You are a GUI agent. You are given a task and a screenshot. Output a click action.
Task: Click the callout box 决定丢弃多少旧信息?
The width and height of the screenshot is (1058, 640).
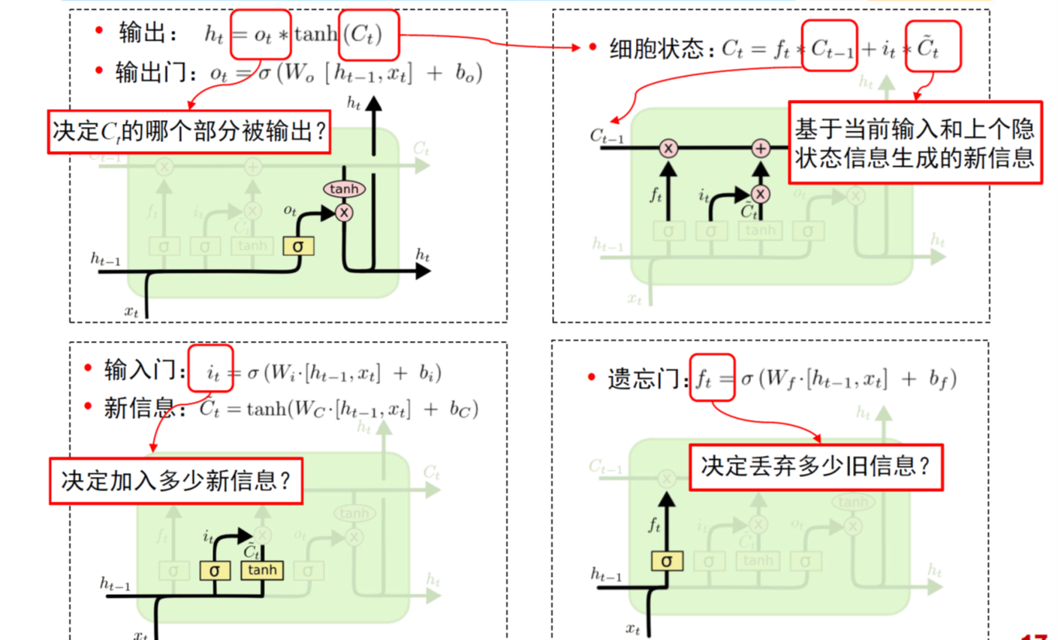(x=815, y=467)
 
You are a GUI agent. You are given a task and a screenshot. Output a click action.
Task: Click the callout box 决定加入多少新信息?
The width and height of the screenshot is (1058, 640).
(x=176, y=481)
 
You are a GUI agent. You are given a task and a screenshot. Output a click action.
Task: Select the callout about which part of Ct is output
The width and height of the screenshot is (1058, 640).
(x=189, y=132)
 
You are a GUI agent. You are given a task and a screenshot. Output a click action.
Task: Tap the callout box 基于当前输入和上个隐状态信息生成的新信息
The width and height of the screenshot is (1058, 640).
(x=915, y=143)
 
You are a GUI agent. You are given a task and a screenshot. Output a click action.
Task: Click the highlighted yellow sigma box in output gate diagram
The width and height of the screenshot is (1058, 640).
(x=298, y=246)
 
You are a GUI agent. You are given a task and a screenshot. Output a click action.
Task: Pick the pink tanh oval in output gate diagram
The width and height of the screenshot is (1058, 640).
(x=345, y=189)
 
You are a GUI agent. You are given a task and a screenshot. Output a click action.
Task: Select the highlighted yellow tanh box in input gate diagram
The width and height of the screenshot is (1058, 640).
(x=262, y=570)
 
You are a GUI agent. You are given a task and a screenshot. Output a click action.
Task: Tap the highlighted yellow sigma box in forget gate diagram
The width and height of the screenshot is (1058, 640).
(x=666, y=560)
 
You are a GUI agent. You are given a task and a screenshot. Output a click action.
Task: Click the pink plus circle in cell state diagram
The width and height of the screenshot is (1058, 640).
(x=761, y=149)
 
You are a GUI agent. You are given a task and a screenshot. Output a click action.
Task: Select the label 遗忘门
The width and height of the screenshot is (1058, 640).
(x=647, y=379)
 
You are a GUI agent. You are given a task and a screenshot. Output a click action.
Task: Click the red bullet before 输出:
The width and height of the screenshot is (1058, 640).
(x=100, y=31)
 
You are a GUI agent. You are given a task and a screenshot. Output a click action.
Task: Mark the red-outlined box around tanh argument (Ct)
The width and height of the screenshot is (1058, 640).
(x=368, y=35)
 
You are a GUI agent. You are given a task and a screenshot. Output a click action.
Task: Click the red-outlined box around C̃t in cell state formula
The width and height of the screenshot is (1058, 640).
(x=933, y=47)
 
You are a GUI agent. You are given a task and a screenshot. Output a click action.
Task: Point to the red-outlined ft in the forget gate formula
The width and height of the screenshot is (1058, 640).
(x=712, y=379)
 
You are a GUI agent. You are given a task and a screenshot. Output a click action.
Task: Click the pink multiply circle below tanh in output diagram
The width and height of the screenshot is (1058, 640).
(x=344, y=213)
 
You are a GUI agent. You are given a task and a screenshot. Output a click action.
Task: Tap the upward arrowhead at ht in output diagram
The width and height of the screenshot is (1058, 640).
(x=373, y=102)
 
